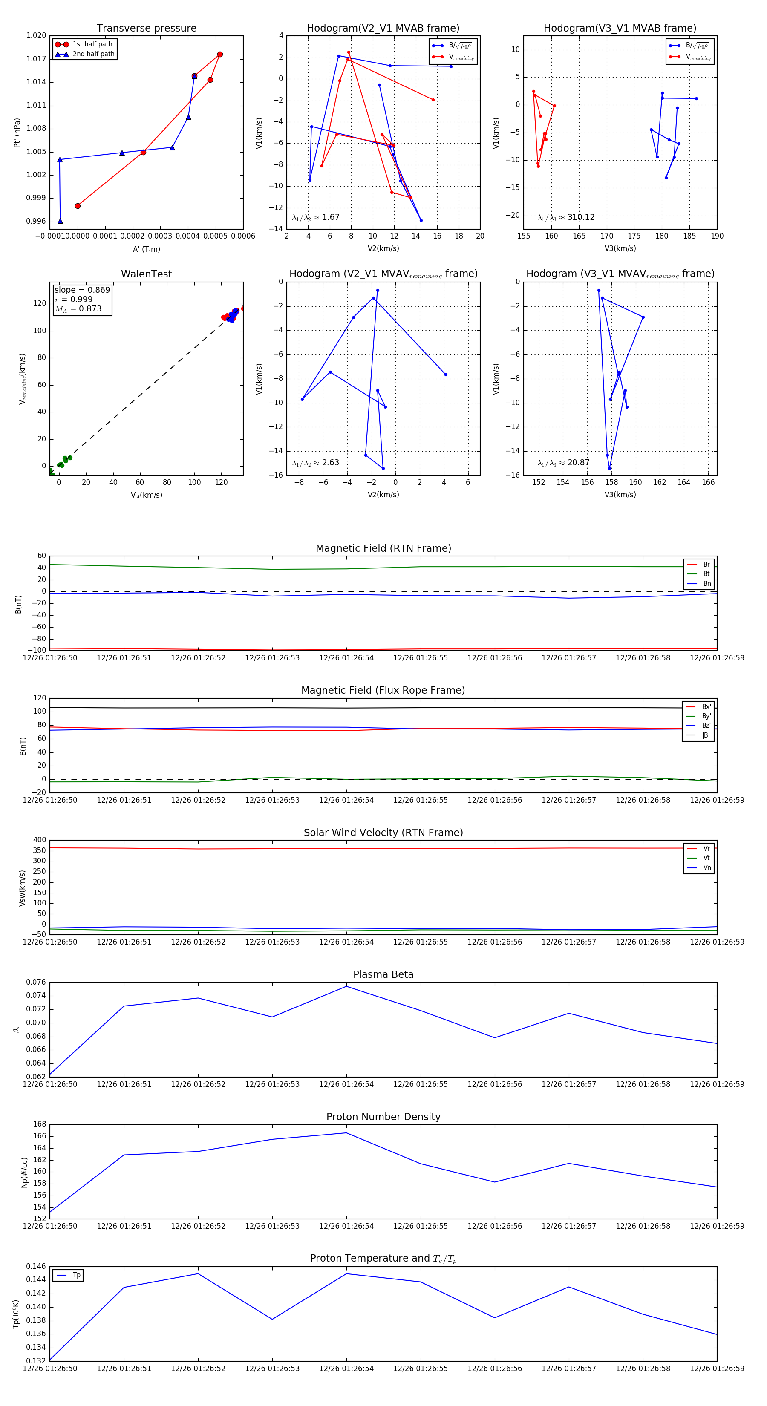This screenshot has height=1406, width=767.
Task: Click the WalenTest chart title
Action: [146, 274]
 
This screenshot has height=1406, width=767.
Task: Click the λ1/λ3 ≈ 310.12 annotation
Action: [566, 217]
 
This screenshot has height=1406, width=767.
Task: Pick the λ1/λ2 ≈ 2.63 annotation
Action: [315, 463]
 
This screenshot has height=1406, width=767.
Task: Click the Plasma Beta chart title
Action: [383, 975]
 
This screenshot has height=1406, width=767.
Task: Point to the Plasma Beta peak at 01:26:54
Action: [346, 986]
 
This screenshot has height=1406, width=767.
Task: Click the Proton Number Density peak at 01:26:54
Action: [346, 1133]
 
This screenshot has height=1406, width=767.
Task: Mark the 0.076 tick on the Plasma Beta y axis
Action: [37, 982]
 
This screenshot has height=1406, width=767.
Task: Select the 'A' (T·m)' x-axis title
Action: [146, 249]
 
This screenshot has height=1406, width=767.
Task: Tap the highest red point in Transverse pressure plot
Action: [220, 55]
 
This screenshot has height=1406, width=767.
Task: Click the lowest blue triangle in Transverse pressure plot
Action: [60, 221]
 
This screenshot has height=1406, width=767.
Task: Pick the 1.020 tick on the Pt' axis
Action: [37, 35]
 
